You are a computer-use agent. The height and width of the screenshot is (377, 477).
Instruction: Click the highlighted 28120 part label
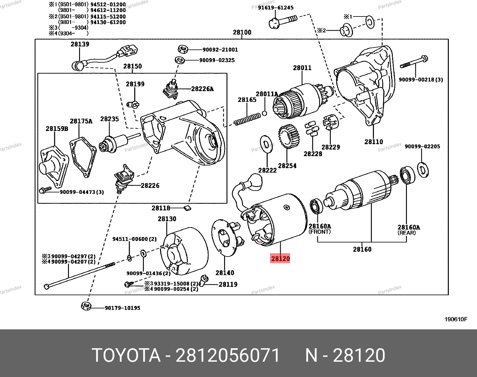coord(280,258)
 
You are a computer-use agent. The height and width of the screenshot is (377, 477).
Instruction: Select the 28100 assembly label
coord(242,32)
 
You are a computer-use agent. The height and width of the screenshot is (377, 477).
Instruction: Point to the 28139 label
coord(80,44)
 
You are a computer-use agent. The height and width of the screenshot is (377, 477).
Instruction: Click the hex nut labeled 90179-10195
coord(86,306)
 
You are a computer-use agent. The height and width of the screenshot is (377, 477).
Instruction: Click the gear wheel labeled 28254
coord(289,137)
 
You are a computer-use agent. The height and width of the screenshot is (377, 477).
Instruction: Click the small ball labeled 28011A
coord(265,113)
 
